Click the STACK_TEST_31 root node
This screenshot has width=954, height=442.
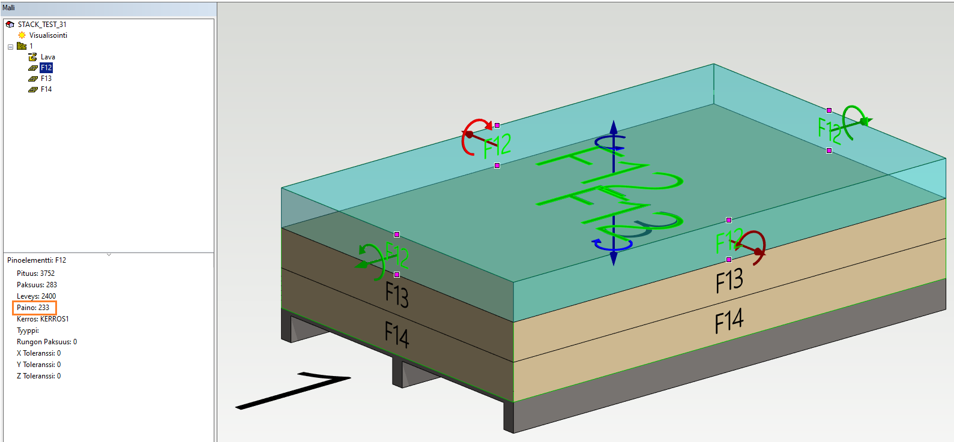tap(41, 25)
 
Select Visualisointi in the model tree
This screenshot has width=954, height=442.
tap(48, 35)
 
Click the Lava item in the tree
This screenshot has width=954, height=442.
tap(47, 57)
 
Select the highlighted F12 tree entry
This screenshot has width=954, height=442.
tap(46, 68)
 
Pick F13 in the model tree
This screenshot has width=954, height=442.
tap(46, 79)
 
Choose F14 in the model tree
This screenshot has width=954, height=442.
tap(46, 89)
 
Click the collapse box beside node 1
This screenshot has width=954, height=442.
tap(10, 47)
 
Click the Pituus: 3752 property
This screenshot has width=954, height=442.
tap(35, 273)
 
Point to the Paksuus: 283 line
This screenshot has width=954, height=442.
tap(37, 285)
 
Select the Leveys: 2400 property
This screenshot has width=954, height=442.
tap(36, 296)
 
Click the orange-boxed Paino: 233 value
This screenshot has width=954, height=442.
tap(33, 308)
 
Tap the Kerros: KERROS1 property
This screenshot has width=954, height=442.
tap(43, 319)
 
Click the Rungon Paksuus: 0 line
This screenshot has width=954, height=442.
tap(47, 342)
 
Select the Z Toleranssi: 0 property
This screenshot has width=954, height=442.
tap(38, 376)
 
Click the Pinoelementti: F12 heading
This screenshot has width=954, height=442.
tap(37, 260)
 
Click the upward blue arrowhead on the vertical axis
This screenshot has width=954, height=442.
tap(614, 127)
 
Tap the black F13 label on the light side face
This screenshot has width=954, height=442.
tap(729, 281)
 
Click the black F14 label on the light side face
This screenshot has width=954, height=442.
tap(729, 321)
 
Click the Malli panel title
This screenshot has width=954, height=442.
tap(8, 8)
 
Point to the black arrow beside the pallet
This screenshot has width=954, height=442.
tap(294, 390)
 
